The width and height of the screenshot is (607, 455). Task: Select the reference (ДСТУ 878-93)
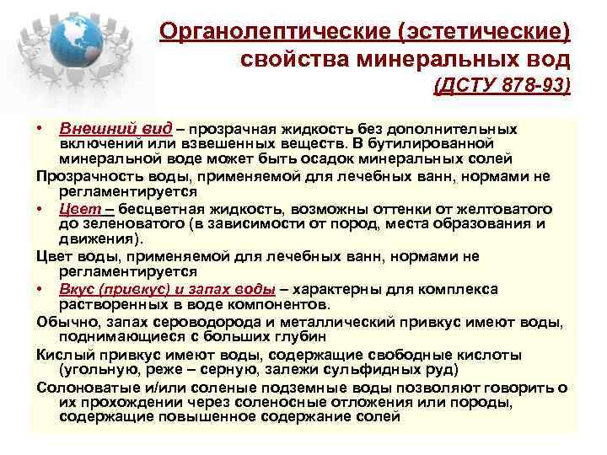tap(502, 87)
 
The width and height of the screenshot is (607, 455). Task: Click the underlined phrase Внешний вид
tap(115, 129)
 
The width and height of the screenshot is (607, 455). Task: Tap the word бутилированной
tap(507, 144)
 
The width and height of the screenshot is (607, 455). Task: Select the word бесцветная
tap(164, 208)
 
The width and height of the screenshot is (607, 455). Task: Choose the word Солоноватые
tap(85, 387)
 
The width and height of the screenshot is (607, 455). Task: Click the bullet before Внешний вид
tap(40, 130)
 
